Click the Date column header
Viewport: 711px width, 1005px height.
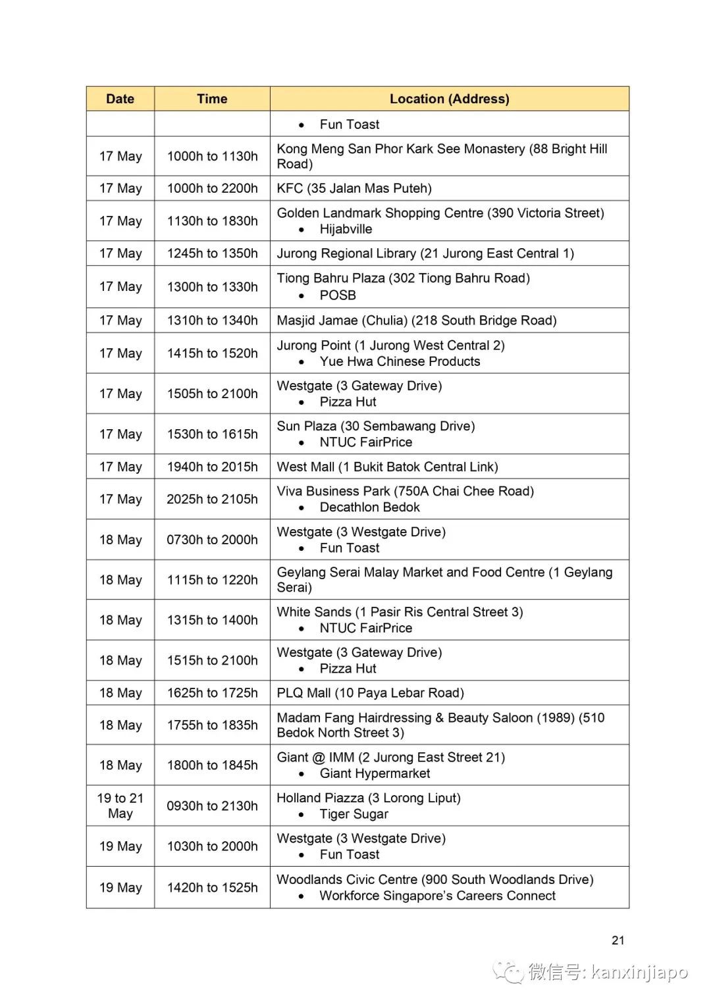point(120,99)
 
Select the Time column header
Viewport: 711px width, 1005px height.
point(212,99)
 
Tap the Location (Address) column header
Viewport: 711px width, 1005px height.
point(449,99)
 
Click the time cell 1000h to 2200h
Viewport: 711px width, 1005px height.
point(212,188)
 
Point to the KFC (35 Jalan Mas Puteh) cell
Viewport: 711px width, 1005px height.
point(354,188)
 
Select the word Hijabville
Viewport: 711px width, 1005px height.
point(346,229)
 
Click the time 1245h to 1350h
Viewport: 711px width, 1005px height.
point(212,253)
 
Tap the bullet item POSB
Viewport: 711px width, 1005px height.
point(338,296)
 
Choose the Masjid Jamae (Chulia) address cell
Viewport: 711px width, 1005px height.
point(416,321)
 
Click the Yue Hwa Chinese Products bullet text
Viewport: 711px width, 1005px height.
point(400,361)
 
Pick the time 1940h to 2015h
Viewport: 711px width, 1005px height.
point(212,467)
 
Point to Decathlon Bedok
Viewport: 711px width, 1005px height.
point(369,507)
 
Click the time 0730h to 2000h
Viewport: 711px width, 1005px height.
point(212,540)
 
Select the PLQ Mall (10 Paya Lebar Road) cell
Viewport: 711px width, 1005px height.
point(370,693)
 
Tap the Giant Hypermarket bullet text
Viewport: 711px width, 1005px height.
point(375,773)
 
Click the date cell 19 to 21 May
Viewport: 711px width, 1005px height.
point(120,806)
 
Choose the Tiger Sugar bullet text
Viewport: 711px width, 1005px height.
point(354,814)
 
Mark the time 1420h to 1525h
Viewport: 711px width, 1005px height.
point(212,887)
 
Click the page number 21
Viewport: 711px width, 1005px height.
point(618,941)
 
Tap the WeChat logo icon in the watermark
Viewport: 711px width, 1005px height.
point(508,971)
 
